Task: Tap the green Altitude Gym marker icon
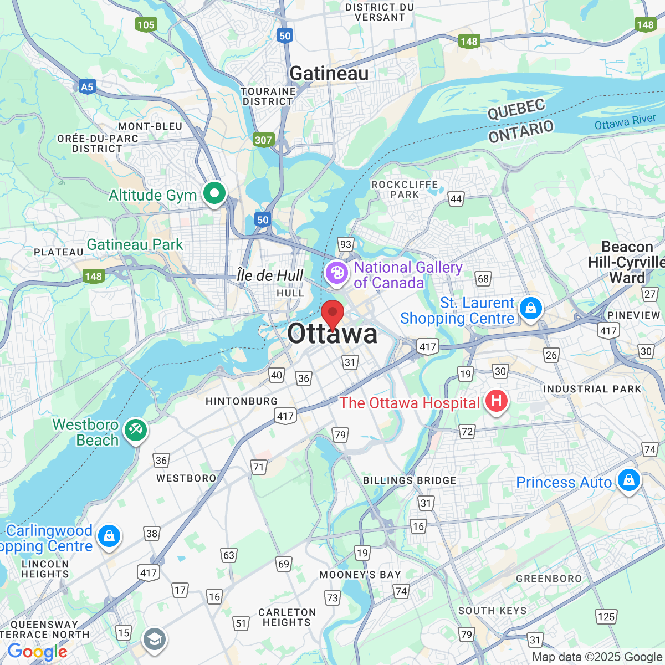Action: (214, 194)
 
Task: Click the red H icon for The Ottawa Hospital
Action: (496, 401)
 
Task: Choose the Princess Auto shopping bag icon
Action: (628, 480)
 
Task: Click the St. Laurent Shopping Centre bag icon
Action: (531, 308)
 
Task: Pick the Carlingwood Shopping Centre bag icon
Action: (109, 536)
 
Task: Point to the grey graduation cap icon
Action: (154, 640)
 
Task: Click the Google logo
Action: (37, 652)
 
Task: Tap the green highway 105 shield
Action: (146, 24)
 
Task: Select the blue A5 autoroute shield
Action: (87, 86)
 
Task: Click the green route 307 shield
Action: (263, 140)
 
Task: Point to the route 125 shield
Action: (606, 617)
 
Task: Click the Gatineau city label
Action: (329, 73)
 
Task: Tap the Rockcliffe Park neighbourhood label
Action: (405, 190)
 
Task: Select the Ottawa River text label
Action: (625, 122)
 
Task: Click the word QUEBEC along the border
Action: (516, 109)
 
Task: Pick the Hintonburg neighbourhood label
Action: (242, 401)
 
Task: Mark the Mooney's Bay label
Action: (360, 575)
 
